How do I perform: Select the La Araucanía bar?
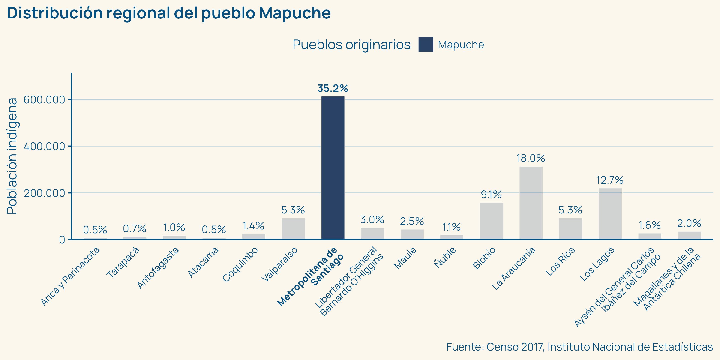coord(531,203)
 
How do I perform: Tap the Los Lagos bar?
coord(610,214)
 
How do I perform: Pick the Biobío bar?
coord(491,221)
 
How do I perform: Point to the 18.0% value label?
coord(531,159)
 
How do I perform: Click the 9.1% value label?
coord(491,195)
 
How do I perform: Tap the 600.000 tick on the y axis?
coord(44,100)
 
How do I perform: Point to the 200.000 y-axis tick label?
coord(44,193)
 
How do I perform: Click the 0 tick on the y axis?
coord(62,240)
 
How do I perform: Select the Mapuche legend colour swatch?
coord(426,45)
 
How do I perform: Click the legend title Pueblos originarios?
coord(351,45)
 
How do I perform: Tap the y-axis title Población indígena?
coord(12,156)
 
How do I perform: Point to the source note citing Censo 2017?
coord(579,347)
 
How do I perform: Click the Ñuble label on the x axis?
coord(445,257)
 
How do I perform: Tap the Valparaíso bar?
coord(293,229)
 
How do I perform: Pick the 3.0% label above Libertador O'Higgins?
coord(372,220)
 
